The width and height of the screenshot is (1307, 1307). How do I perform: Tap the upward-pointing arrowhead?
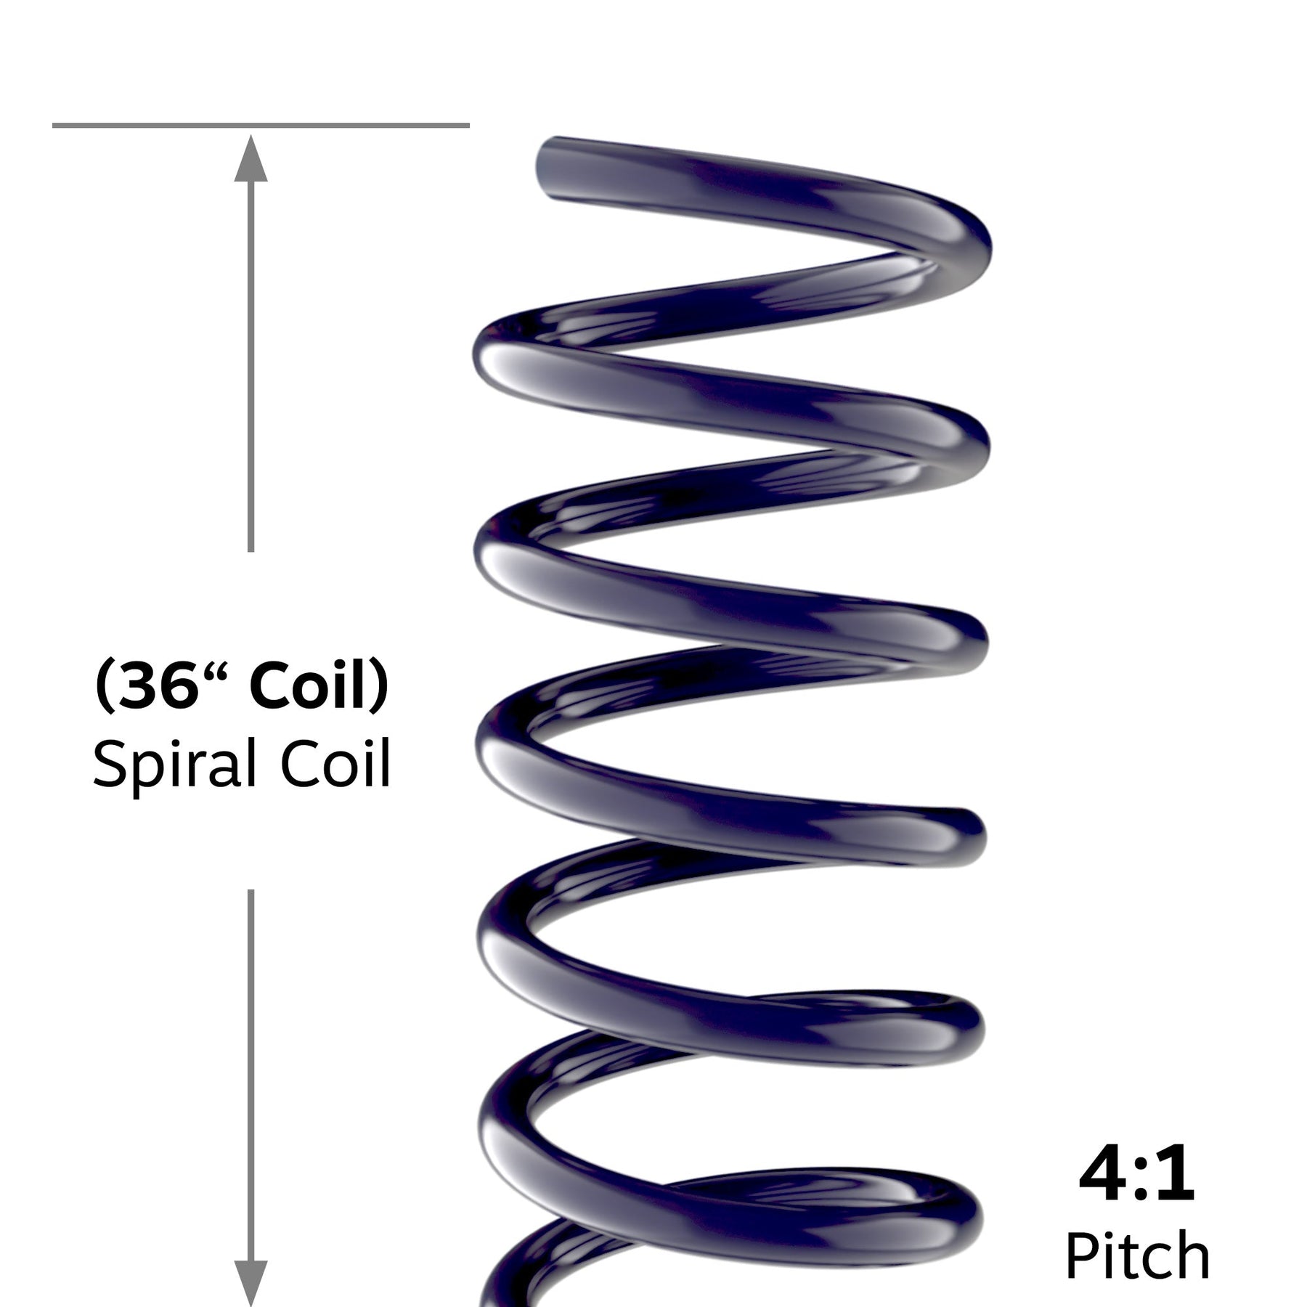(251, 158)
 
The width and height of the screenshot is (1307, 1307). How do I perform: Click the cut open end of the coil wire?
(546, 168)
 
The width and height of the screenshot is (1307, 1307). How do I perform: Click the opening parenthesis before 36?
(104, 688)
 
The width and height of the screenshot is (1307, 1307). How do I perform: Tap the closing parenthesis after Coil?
(379, 688)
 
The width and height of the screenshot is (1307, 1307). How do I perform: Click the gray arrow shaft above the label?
(251, 363)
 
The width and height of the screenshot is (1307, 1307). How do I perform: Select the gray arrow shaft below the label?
(251, 1075)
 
